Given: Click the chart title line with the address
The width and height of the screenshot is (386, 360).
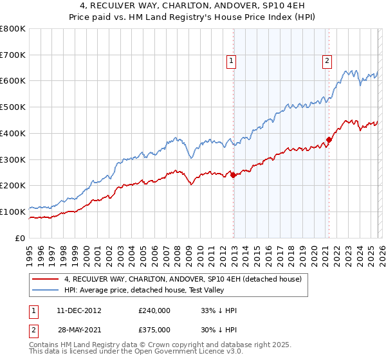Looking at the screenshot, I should pos(193,6).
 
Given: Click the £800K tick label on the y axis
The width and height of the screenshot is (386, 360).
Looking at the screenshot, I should pos(13,29).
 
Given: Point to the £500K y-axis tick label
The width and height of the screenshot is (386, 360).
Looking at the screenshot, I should pos(13,107).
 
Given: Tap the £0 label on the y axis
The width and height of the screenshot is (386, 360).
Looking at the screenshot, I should pos(21,238).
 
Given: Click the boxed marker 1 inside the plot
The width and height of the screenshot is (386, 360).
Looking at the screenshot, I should pos(231,61).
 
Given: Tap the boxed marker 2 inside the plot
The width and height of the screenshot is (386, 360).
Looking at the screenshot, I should pos(327,61).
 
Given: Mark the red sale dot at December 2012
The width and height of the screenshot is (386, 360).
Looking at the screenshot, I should pos(233,175).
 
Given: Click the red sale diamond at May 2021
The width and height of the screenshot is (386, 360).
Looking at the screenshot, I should pos(329,139).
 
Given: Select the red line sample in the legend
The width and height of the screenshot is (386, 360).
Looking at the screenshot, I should pos(46,279).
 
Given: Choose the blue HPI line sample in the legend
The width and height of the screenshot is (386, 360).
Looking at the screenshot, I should pos(46,290).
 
